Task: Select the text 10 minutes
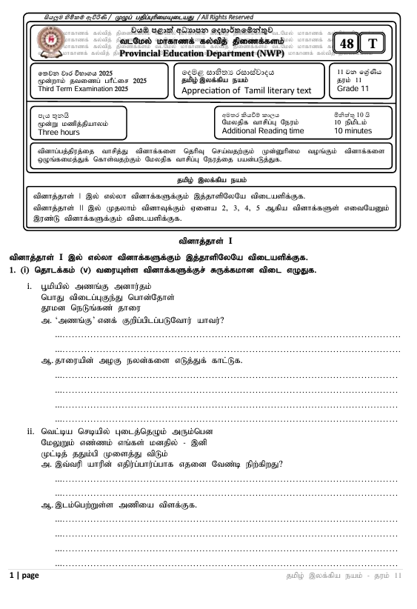(x=353, y=130)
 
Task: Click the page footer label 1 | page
(x=24, y=576)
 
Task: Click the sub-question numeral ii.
(x=30, y=430)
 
